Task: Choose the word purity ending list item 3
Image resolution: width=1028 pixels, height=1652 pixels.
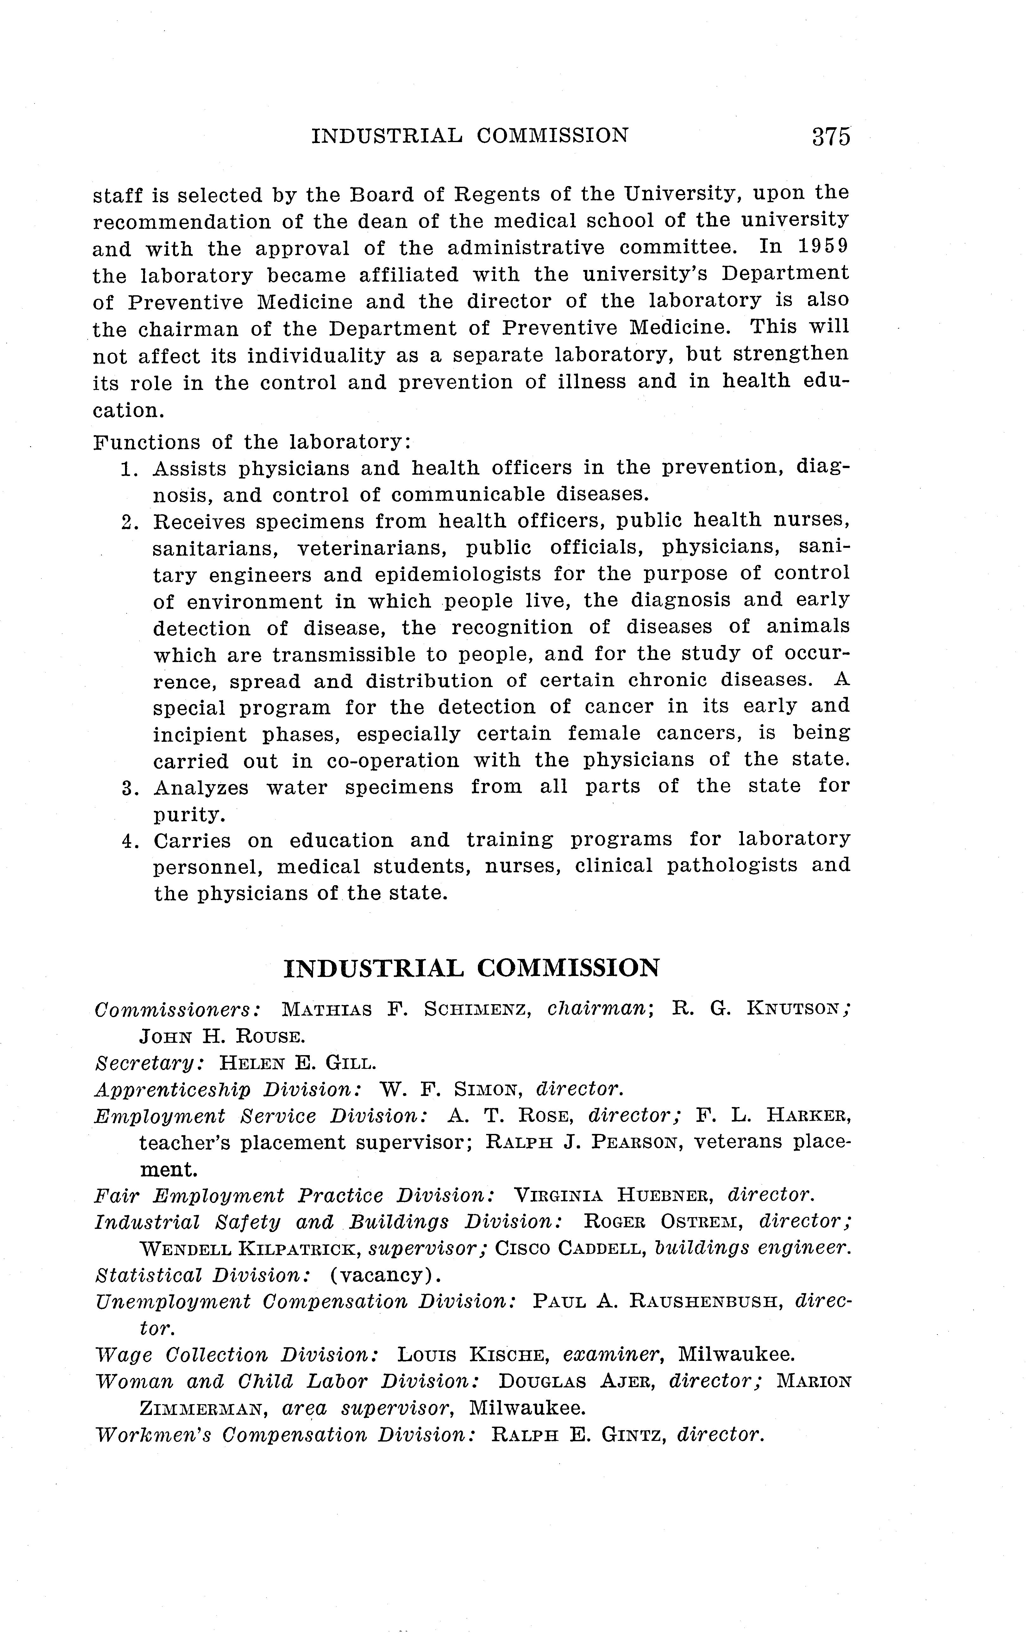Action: tap(188, 814)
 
